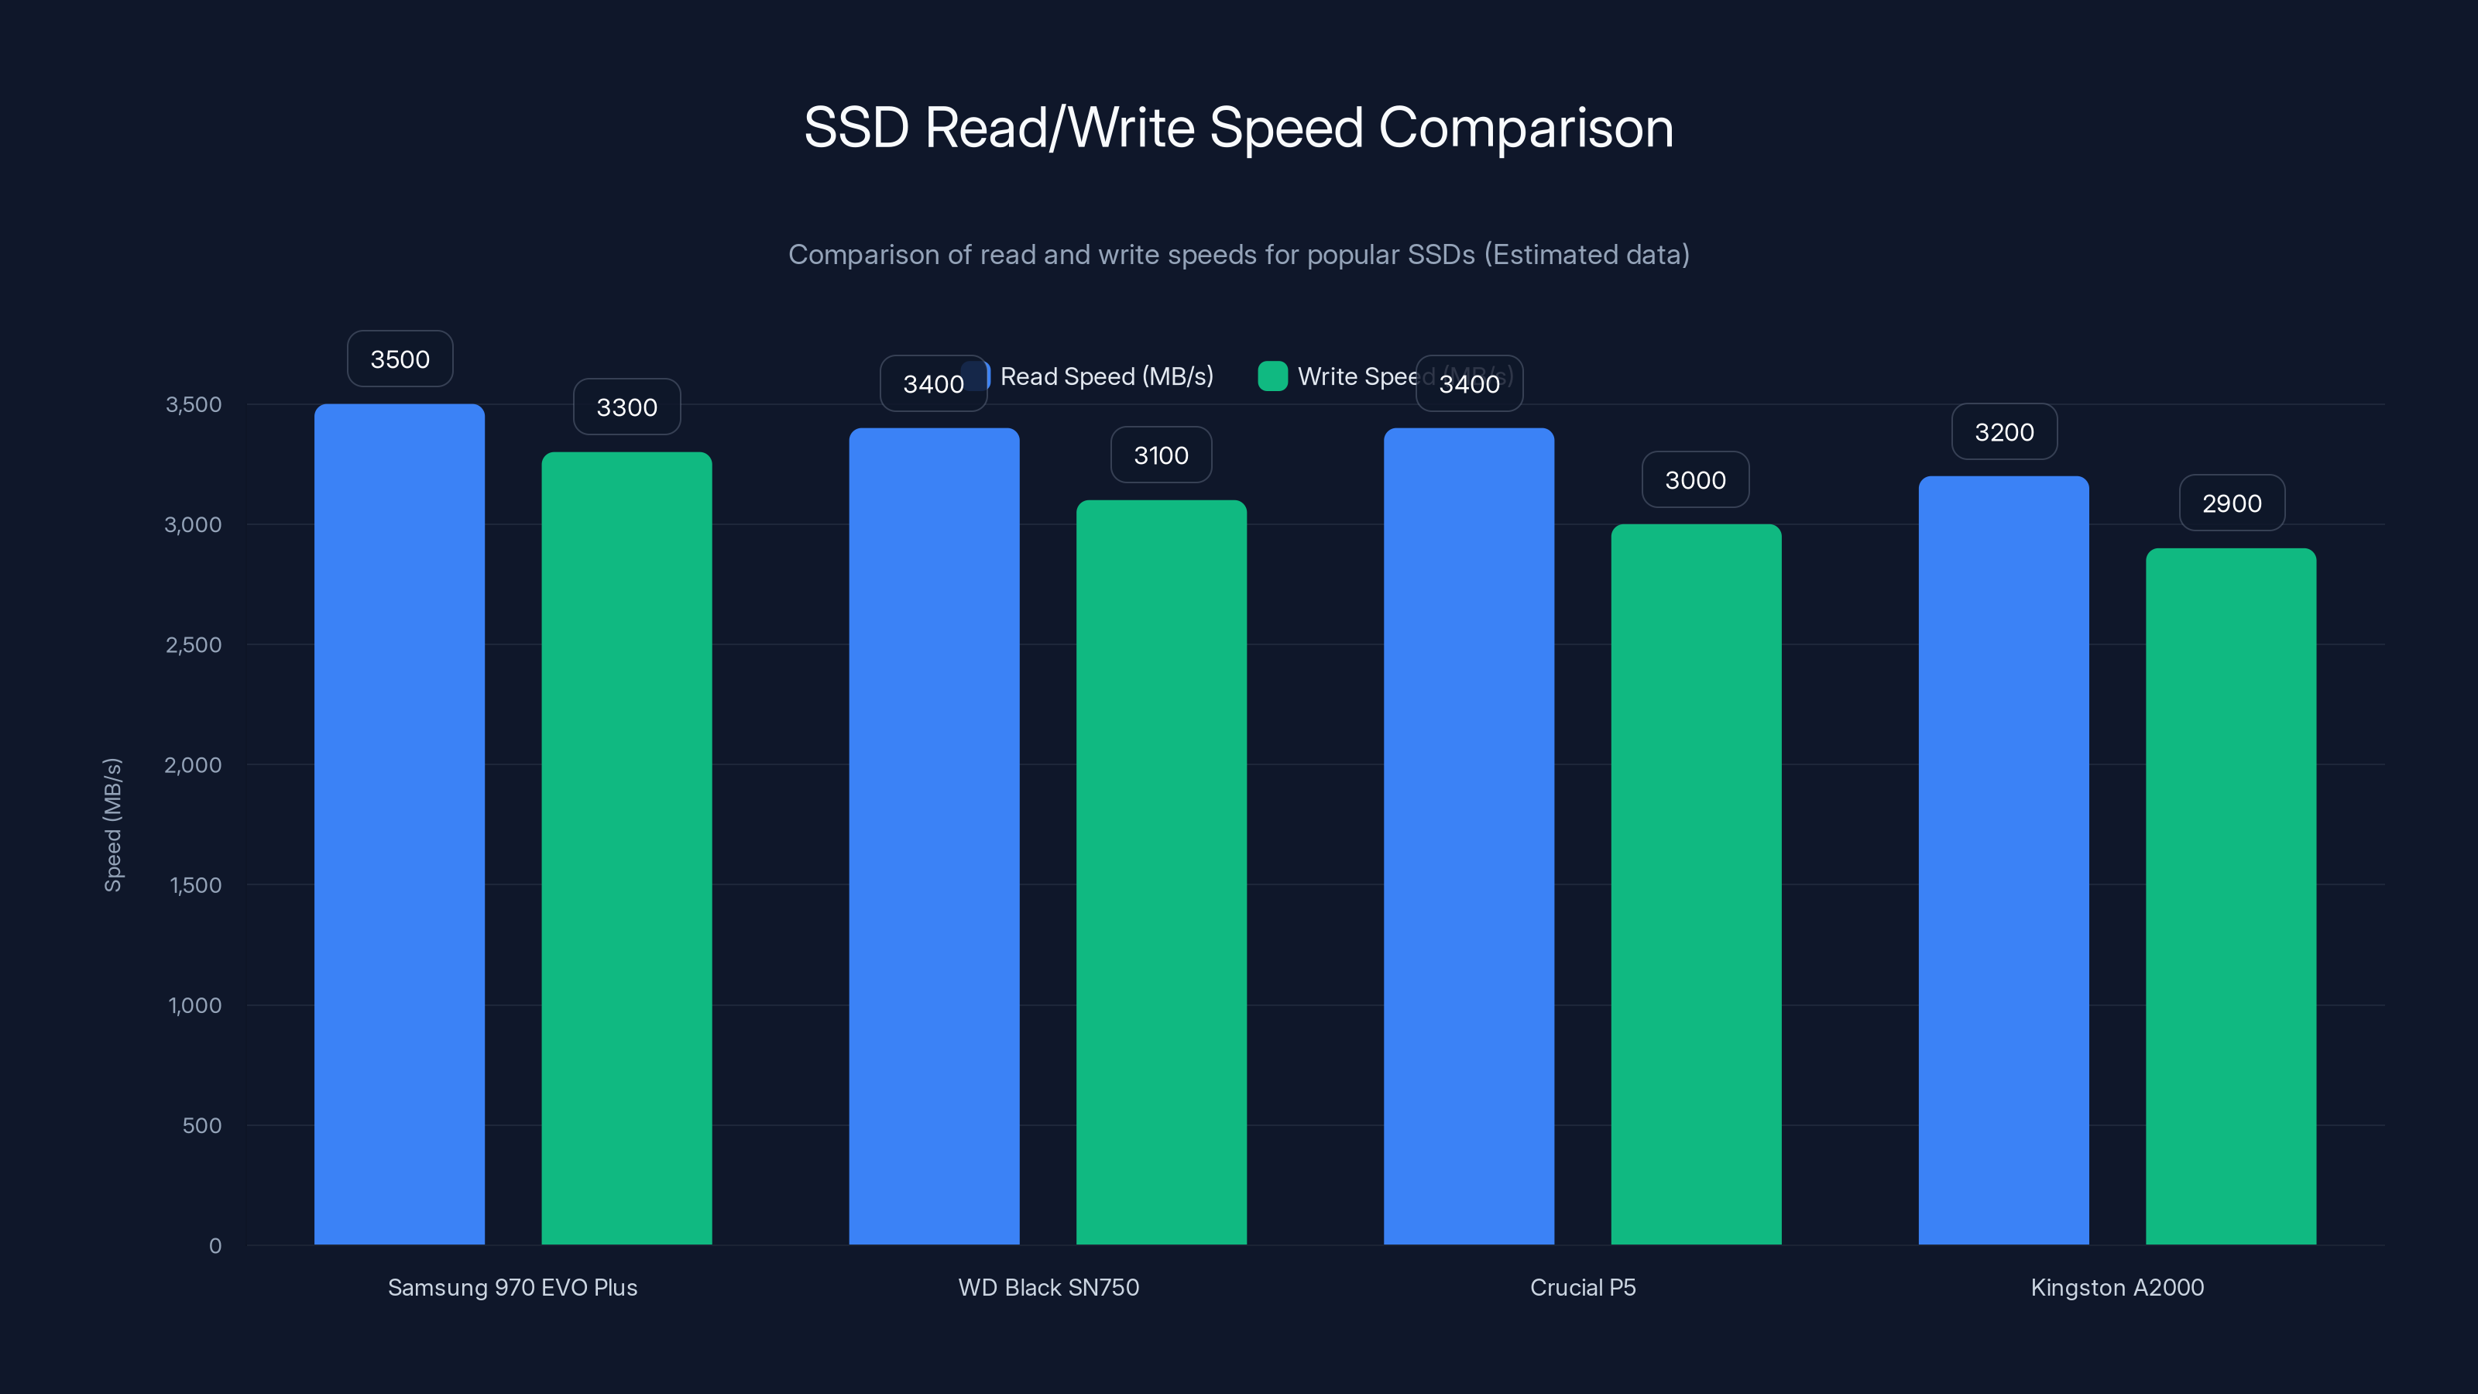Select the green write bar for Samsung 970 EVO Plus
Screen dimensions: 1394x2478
pos(626,847)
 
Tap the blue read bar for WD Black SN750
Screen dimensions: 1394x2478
pos(934,836)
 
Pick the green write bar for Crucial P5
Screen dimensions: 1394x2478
pos(1696,884)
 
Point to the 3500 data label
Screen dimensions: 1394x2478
pos(400,359)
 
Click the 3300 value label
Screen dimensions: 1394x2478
pos(627,407)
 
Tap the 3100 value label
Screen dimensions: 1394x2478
pos(1161,455)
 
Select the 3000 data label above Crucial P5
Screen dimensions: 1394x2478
pos(1695,480)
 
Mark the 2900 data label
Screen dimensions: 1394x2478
pos(2232,503)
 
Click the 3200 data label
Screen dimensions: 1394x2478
pos(2005,432)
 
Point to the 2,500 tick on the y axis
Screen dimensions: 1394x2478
pos(194,644)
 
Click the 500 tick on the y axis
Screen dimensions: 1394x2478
pos(202,1125)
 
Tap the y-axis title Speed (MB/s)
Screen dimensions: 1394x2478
pos(112,825)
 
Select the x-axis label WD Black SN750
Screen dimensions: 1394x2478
pos(1049,1287)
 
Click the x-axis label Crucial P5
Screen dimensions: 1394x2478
pos(1582,1287)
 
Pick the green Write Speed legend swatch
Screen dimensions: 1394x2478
pos(1272,376)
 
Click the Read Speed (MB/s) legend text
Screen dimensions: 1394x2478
pos(1107,376)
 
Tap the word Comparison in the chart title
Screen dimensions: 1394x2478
pos(1526,128)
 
